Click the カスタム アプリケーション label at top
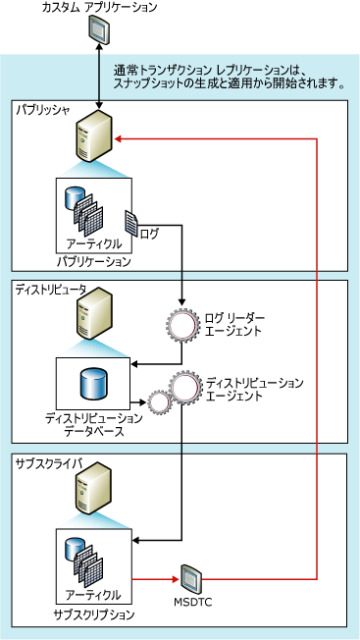click(97, 8)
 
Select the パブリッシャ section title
click(43, 110)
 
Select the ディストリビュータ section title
click(50, 290)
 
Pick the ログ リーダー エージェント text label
click(232, 324)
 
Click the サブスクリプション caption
click(94, 613)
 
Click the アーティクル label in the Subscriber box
click(94, 596)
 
